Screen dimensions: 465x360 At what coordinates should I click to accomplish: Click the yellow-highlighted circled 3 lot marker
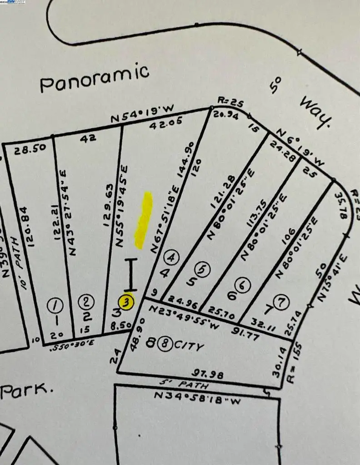(126, 301)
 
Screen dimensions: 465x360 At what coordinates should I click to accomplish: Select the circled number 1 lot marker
(55, 307)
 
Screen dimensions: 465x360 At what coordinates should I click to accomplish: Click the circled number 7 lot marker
(282, 301)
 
